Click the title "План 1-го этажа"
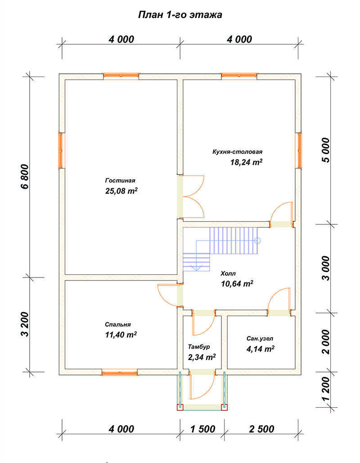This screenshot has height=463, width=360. [x=180, y=15]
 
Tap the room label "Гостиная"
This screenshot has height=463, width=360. [x=120, y=181]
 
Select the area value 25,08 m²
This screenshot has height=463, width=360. [x=121, y=191]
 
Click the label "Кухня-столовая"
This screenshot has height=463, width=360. [x=237, y=152]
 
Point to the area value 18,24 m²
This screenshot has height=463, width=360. [x=247, y=162]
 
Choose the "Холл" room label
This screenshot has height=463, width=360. [x=228, y=273]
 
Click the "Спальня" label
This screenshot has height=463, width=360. [x=118, y=324]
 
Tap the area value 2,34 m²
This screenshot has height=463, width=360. [x=202, y=357]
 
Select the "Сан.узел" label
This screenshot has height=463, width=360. [x=260, y=338]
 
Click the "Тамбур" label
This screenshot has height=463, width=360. [x=199, y=347]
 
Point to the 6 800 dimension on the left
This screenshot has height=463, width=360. [x=25, y=177]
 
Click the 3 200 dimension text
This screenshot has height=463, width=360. [x=25, y=324]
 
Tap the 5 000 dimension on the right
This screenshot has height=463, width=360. [x=326, y=150]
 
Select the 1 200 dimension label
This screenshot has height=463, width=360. [x=326, y=389]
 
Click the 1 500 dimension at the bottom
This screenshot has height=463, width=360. [x=202, y=429]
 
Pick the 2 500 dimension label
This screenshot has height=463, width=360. [x=261, y=429]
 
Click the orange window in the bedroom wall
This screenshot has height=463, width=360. [x=120, y=372]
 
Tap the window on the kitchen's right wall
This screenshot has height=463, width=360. [x=298, y=150]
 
